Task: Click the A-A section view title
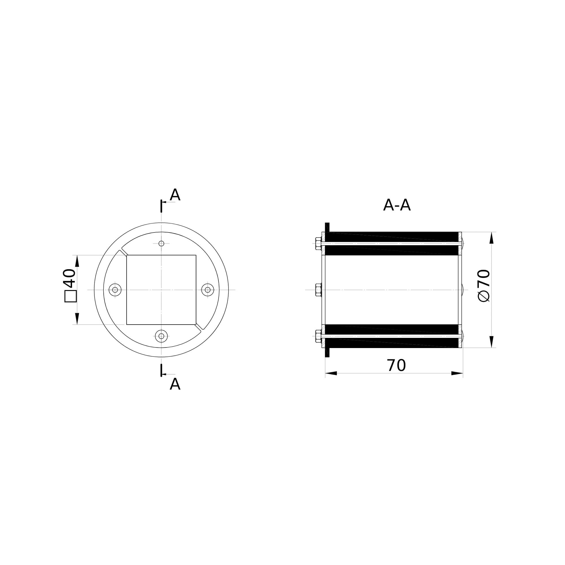pyautogui.click(x=397, y=205)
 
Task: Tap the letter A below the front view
pyautogui.click(x=175, y=384)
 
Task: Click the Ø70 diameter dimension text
pyautogui.click(x=484, y=285)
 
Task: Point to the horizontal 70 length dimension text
pyautogui.click(x=396, y=366)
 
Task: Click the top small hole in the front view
pyautogui.click(x=161, y=244)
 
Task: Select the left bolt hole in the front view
pyautogui.click(x=115, y=290)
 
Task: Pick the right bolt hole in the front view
pyautogui.click(x=208, y=290)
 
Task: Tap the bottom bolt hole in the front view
pyautogui.click(x=161, y=336)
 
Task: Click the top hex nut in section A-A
pyautogui.click(x=318, y=244)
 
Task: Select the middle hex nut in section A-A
pyautogui.click(x=318, y=290)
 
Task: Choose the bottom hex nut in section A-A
pyautogui.click(x=318, y=336)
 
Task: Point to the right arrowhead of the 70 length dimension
pyautogui.click(x=457, y=373)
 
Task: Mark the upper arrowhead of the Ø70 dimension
pyautogui.click(x=491, y=238)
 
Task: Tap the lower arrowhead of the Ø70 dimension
pyautogui.click(x=491, y=342)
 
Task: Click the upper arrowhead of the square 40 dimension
pyautogui.click(x=77, y=261)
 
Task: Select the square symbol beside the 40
pyautogui.click(x=70, y=296)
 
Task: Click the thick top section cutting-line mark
pyautogui.click(x=161, y=206)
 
